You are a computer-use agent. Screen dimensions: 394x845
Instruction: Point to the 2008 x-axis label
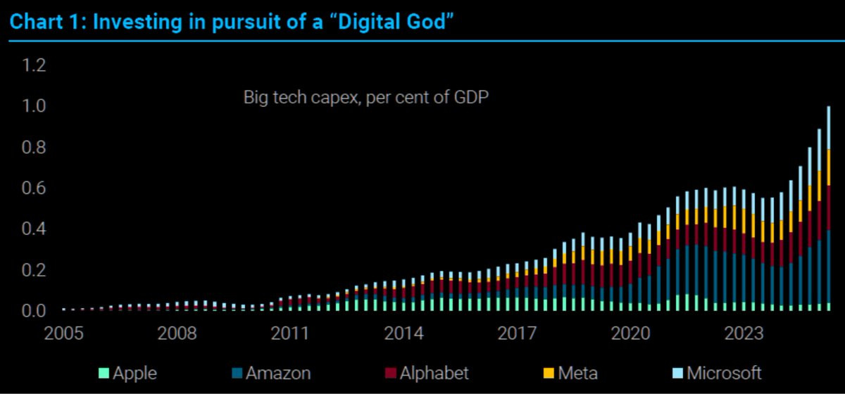point(176,333)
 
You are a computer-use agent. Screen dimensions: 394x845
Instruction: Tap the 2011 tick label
point(289,333)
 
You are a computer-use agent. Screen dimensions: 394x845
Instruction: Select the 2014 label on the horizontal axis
point(403,333)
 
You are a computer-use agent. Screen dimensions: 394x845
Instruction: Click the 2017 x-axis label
point(518,333)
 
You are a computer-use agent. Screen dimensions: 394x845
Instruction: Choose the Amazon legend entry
point(273,372)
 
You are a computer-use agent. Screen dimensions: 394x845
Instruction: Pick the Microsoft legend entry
point(717,372)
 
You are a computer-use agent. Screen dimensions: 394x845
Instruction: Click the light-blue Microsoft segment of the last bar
point(828,127)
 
